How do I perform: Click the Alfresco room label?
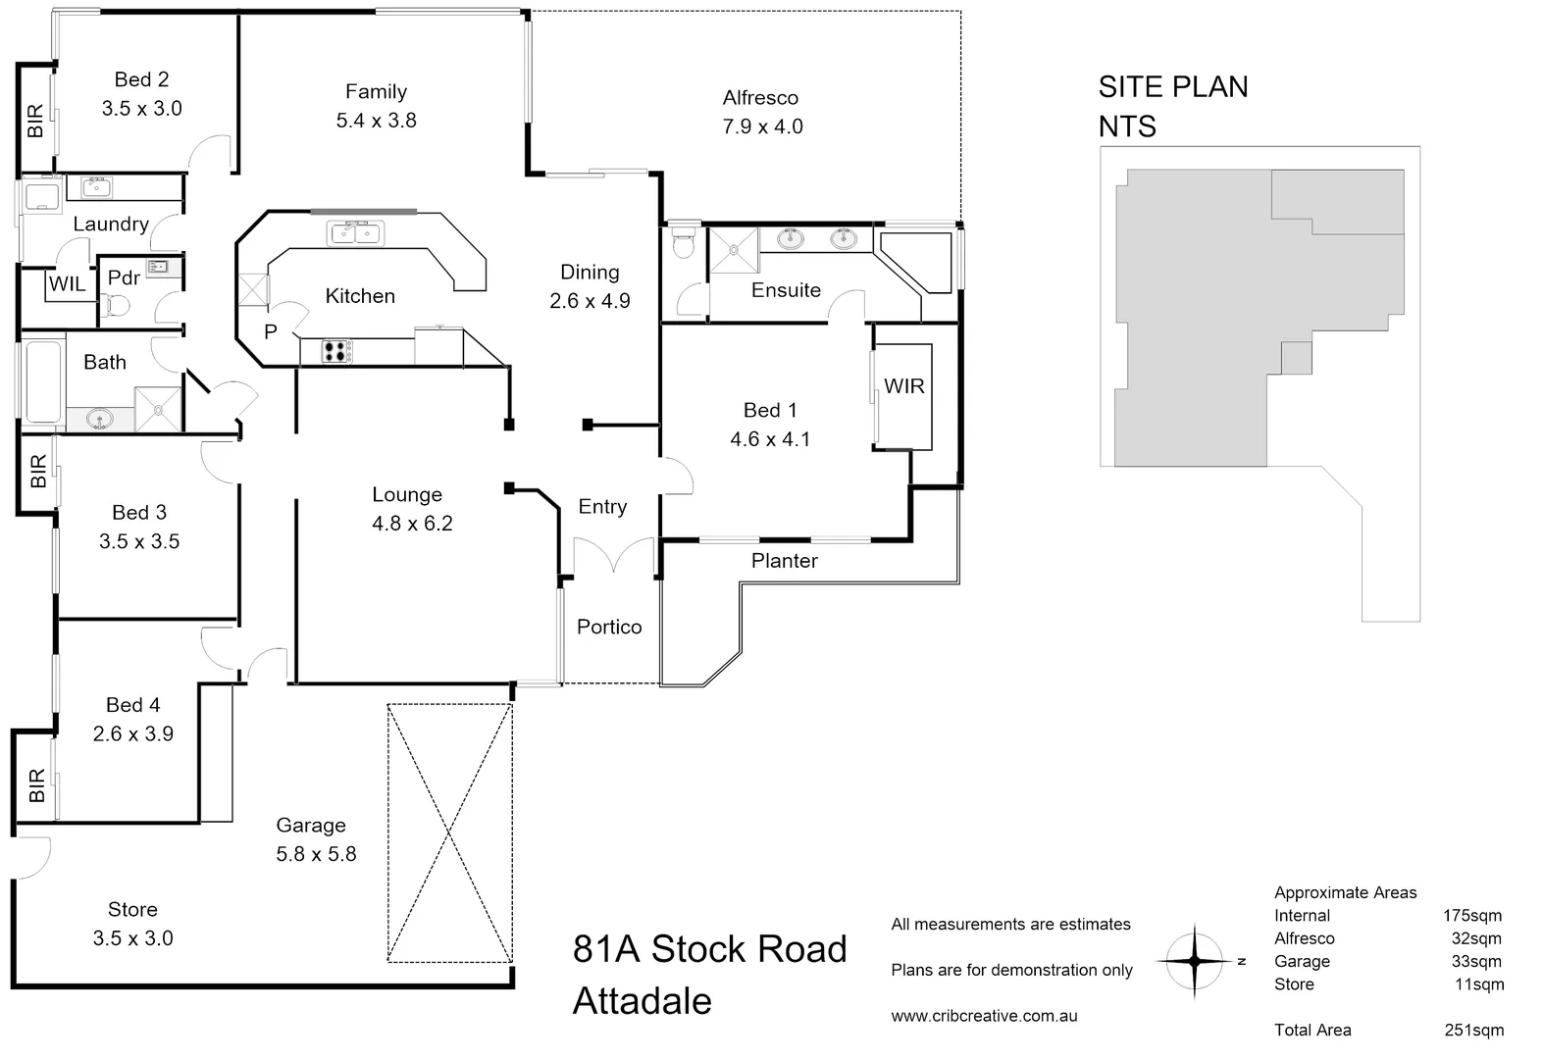pyautogui.click(x=760, y=97)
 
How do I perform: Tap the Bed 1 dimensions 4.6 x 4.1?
pyautogui.click(x=770, y=439)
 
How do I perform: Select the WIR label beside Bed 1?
pyautogui.click(x=903, y=386)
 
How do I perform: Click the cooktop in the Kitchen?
pyautogui.click(x=337, y=351)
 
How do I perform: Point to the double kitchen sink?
pyautogui.click(x=355, y=233)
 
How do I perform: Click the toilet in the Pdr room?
pyautogui.click(x=116, y=308)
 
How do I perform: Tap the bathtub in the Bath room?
pyautogui.click(x=42, y=380)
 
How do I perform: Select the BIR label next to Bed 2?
pyautogui.click(x=36, y=121)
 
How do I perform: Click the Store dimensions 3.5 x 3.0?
pyautogui.click(x=132, y=938)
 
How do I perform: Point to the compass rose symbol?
pyautogui.click(x=1195, y=961)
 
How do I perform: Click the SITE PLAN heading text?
pyautogui.click(x=1172, y=86)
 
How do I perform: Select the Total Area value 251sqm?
pyautogui.click(x=1473, y=1030)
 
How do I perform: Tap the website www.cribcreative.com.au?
pyautogui.click(x=984, y=1016)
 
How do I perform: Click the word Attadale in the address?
pyautogui.click(x=642, y=1001)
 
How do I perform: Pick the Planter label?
pyautogui.click(x=784, y=561)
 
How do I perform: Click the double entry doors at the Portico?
pyautogui.click(x=614, y=555)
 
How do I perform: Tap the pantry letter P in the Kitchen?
pyautogui.click(x=271, y=332)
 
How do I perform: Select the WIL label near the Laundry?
pyautogui.click(x=67, y=284)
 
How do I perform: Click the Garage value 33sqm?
pyautogui.click(x=1476, y=961)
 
